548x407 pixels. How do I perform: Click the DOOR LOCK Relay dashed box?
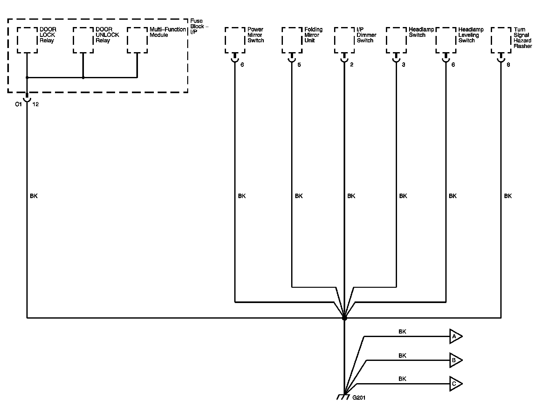pyautogui.click(x=27, y=40)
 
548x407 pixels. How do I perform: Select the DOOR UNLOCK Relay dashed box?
pyautogui.click(x=83, y=40)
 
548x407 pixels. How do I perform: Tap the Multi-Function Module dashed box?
pyautogui.click(x=137, y=40)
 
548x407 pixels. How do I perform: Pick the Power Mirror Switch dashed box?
pyautogui.click(x=235, y=40)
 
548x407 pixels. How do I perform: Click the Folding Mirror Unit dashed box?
pyautogui.click(x=292, y=40)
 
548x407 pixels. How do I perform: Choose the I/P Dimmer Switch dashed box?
pyautogui.click(x=344, y=40)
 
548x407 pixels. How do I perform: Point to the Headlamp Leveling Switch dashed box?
pyautogui.click(x=446, y=40)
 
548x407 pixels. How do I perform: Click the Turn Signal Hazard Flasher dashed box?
pyautogui.click(x=501, y=40)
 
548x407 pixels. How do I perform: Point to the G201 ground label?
pyautogui.click(x=359, y=397)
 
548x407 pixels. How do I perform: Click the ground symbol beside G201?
pyautogui.click(x=343, y=397)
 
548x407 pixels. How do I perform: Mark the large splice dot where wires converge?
pyautogui.click(x=344, y=318)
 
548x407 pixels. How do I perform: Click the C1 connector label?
pyautogui.click(x=18, y=104)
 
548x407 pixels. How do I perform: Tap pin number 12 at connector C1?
pyautogui.click(x=36, y=104)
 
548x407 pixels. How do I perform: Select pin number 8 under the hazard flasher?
pyautogui.click(x=508, y=65)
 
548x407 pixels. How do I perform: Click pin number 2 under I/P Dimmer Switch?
pyautogui.click(x=352, y=65)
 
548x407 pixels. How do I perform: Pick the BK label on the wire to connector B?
pyautogui.click(x=402, y=355)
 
